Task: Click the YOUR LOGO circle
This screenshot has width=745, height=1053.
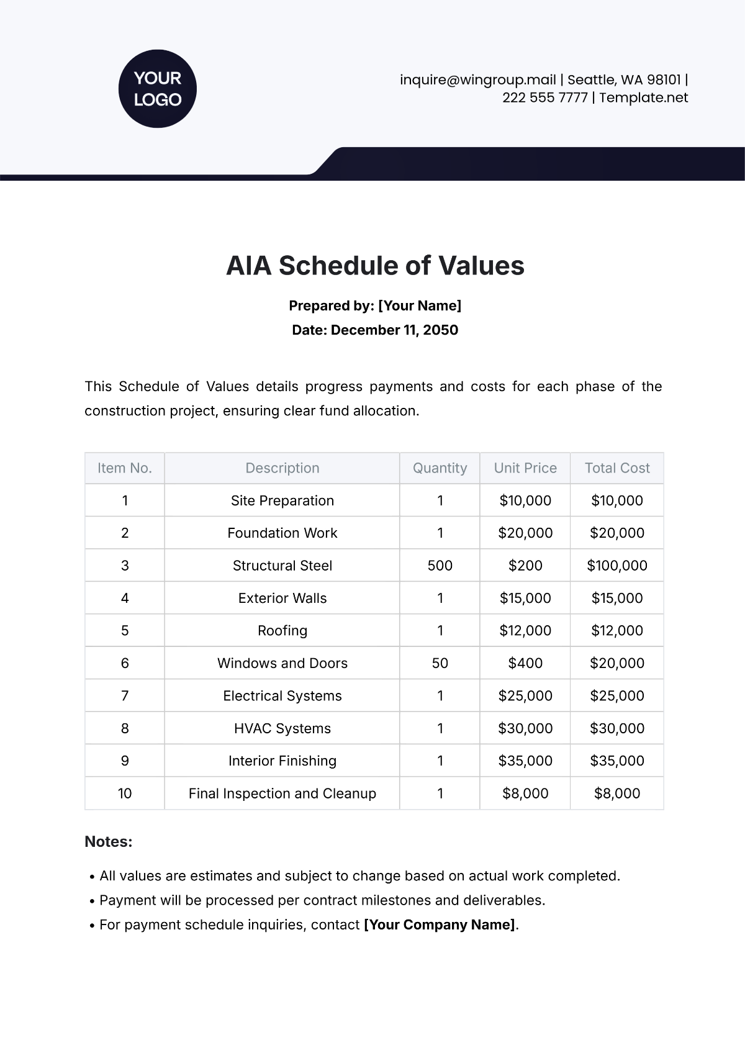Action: click(157, 89)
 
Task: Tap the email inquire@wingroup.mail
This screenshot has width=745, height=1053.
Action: click(477, 80)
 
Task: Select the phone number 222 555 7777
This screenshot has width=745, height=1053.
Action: click(544, 97)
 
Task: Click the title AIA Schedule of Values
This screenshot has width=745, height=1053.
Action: click(375, 266)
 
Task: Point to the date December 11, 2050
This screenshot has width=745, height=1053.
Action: click(394, 330)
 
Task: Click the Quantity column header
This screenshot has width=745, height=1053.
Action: click(440, 468)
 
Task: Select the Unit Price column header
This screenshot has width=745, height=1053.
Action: click(525, 468)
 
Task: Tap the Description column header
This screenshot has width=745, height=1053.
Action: click(282, 468)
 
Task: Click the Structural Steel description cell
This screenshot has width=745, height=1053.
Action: click(282, 566)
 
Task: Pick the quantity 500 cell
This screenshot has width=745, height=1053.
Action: click(440, 566)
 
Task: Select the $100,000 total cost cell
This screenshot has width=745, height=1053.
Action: click(617, 566)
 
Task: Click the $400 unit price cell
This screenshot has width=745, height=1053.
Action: click(525, 663)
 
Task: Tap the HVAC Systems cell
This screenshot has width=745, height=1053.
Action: click(282, 728)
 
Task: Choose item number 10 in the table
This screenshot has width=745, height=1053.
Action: click(125, 793)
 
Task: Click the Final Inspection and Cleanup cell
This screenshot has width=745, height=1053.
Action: click(282, 793)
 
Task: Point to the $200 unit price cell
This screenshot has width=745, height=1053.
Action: click(525, 566)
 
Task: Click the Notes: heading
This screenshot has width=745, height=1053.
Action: click(109, 842)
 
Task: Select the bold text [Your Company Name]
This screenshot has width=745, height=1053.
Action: click(440, 924)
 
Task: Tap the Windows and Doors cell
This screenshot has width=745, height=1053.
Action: click(282, 663)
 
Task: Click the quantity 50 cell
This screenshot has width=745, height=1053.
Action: click(440, 663)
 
